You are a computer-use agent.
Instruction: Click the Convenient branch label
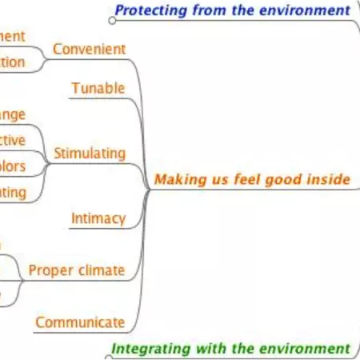(x=89, y=50)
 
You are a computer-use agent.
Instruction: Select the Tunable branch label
(x=98, y=88)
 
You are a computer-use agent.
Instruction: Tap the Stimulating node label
(x=89, y=153)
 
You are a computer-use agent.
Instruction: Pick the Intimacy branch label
(x=98, y=218)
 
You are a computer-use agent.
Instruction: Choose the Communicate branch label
(x=80, y=322)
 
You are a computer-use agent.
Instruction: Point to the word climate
(x=102, y=270)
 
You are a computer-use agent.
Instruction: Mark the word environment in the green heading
(x=307, y=349)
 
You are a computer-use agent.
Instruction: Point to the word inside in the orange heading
(x=330, y=179)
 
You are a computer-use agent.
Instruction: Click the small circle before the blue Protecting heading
(x=110, y=11)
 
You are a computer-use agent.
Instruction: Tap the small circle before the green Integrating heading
(x=107, y=349)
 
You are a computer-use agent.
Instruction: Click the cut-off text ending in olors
(x=12, y=166)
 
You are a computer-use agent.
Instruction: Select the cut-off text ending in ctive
(x=12, y=140)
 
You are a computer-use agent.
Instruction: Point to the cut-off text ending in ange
(x=12, y=114)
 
